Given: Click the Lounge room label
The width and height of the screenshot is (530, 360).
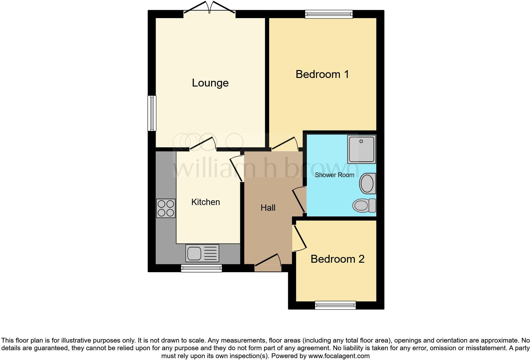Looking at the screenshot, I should pos(210,83).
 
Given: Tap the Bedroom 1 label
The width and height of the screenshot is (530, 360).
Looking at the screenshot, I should pos(322,74).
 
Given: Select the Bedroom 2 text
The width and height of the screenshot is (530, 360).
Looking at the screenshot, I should pos(337,259).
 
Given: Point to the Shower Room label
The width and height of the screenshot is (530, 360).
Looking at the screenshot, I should pos(334,175).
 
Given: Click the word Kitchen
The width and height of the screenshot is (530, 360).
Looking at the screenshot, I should pos(205,202).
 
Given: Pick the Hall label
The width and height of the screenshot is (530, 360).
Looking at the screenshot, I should pos(268,208).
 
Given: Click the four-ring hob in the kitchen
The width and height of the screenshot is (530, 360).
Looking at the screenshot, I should pos(166,208).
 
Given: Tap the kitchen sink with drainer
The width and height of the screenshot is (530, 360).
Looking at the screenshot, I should pos(202,253).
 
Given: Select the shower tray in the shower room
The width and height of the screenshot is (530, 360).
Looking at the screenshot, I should pos(361,149).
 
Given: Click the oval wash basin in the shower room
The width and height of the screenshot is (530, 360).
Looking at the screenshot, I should pos(367,183).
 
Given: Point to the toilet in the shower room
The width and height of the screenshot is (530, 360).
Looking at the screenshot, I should pos(364,205).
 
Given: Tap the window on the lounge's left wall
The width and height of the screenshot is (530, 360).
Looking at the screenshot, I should pos(152,113).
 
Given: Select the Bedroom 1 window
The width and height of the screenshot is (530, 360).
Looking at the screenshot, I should pos(329,14).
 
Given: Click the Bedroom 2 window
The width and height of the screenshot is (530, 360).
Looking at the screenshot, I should pos(335,305).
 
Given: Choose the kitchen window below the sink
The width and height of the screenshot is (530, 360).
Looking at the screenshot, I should pos(201,268).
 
